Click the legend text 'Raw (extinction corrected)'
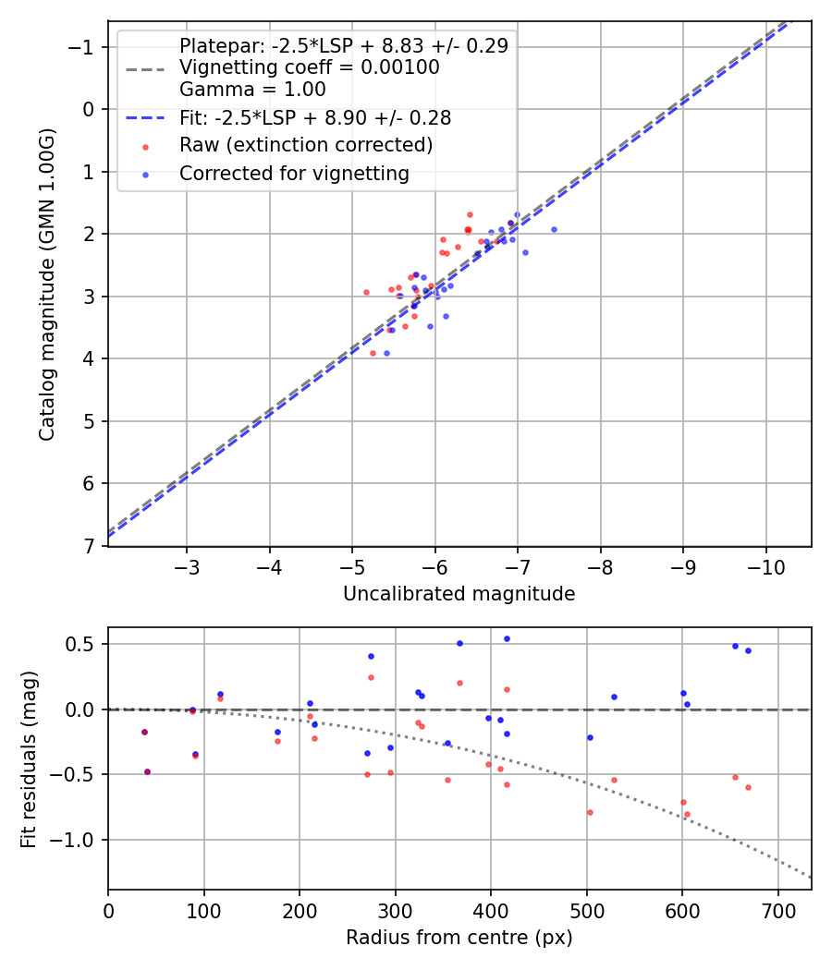point(306,145)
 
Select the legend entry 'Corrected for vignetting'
point(294,173)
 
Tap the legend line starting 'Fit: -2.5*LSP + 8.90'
point(315,118)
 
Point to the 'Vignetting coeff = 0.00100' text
point(309,67)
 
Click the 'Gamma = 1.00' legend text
point(252,90)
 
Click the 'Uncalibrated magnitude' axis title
point(459,594)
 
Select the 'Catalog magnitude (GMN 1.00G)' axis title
point(47,285)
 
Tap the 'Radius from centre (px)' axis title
point(459,938)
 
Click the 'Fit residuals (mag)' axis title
point(29,758)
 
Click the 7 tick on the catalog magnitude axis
point(90,546)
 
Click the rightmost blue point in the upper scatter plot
point(554,229)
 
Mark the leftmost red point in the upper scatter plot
point(366,292)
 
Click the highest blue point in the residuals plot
point(507,638)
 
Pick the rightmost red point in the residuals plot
point(748,787)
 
